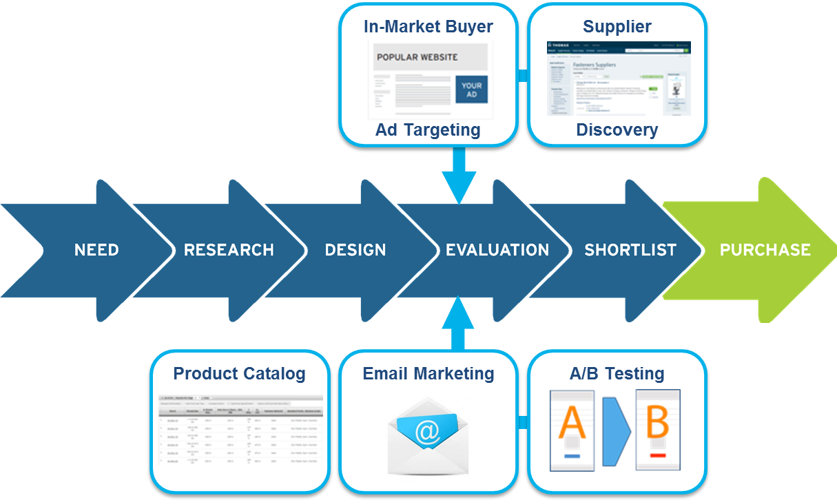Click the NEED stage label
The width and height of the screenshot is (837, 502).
[96, 250]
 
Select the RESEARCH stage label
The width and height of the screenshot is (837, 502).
[229, 250]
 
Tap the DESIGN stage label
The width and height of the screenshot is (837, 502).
[355, 250]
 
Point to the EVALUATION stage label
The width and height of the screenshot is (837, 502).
[497, 250]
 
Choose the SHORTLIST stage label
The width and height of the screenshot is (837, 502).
[630, 250]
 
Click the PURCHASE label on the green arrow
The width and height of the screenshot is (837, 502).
[765, 250]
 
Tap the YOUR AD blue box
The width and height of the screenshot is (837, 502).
[471, 90]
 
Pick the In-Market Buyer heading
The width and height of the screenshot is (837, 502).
[428, 27]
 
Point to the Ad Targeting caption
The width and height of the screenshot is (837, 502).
[428, 129]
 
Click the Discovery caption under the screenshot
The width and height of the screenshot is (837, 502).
[617, 129]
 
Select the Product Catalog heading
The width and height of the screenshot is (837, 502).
[239, 373]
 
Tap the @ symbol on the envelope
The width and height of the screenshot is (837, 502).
[427, 432]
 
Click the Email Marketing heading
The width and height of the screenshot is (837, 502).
[428, 373]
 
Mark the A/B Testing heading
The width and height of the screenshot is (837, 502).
[617, 373]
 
